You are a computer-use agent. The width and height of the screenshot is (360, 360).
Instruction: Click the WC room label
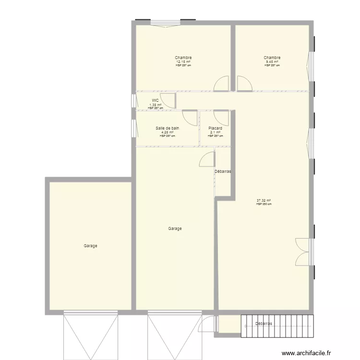point(155,100)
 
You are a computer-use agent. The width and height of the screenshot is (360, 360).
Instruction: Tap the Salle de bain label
point(168,128)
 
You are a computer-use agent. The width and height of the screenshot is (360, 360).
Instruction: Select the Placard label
point(215,128)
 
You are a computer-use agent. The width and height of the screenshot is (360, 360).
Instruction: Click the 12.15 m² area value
point(183,62)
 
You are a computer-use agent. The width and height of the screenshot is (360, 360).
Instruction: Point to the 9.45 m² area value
point(272,62)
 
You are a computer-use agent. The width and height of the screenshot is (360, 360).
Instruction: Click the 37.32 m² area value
point(264,201)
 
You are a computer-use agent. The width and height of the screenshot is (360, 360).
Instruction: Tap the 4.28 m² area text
point(168,132)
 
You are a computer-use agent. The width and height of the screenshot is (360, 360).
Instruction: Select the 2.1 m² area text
point(215,132)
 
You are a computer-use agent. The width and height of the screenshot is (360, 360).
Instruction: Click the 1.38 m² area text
point(155,105)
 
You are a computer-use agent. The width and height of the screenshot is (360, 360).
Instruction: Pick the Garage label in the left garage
point(91,246)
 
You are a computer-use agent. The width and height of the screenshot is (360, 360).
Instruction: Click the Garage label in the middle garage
point(175,228)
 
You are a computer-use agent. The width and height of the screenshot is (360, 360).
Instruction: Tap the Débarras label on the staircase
point(264,324)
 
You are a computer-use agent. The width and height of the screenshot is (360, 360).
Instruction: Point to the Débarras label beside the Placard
point(223,171)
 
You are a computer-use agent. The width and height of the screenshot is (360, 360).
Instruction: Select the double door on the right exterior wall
point(302,252)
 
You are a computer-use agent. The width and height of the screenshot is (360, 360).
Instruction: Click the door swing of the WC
point(168,100)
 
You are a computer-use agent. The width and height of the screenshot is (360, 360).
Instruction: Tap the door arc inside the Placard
point(221,118)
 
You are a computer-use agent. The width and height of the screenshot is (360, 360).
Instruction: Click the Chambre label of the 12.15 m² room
point(183,58)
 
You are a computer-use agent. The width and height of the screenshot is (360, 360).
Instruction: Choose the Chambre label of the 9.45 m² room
point(272,58)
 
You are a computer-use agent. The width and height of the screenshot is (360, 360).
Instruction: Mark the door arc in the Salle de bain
point(190,118)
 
